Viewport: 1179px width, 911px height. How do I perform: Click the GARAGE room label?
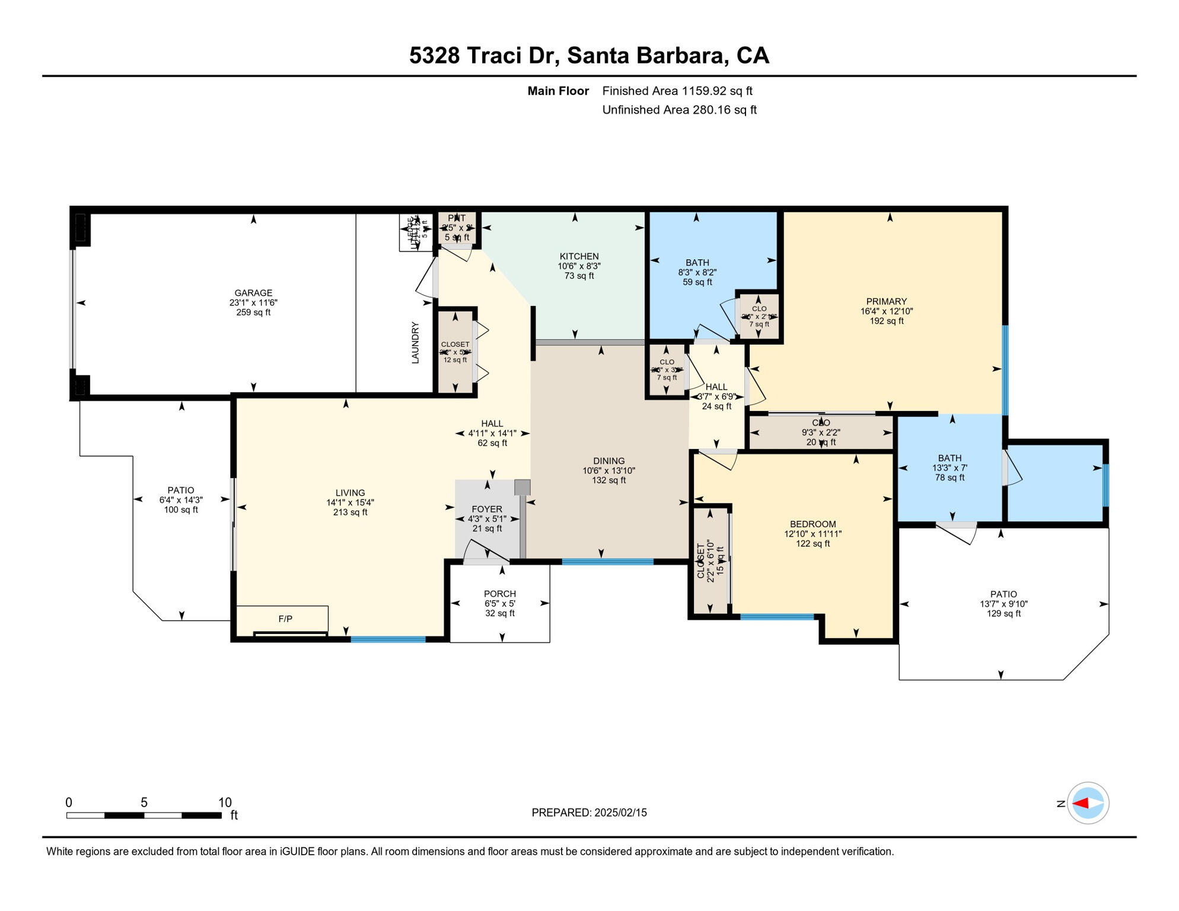click(x=253, y=293)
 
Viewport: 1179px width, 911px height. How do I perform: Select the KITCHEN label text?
click(x=579, y=257)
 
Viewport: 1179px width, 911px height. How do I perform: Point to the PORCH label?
click(x=499, y=594)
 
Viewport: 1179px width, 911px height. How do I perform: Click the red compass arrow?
click(x=1081, y=804)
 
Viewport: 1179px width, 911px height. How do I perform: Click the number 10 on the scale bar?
click(x=224, y=802)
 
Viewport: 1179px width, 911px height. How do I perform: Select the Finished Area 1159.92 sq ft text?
click(x=677, y=91)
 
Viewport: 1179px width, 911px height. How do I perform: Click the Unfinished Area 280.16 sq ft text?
click(x=679, y=110)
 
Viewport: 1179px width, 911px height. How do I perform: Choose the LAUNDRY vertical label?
click(x=415, y=343)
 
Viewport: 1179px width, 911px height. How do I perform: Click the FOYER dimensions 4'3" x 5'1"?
click(x=486, y=519)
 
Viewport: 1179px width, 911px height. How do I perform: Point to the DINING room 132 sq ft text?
click(x=608, y=480)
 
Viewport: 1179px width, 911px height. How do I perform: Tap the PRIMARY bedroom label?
click(x=886, y=301)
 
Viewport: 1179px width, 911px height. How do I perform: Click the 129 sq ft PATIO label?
click(x=1003, y=614)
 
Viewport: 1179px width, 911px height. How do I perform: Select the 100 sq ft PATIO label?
click(x=181, y=510)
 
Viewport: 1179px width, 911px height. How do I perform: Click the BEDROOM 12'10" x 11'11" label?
click(x=812, y=534)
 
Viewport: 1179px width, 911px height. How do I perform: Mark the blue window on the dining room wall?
click(x=607, y=562)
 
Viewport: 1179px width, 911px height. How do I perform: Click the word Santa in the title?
click(x=598, y=55)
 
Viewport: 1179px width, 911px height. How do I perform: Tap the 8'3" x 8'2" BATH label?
click(x=697, y=272)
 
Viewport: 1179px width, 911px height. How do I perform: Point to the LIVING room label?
click(x=350, y=493)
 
